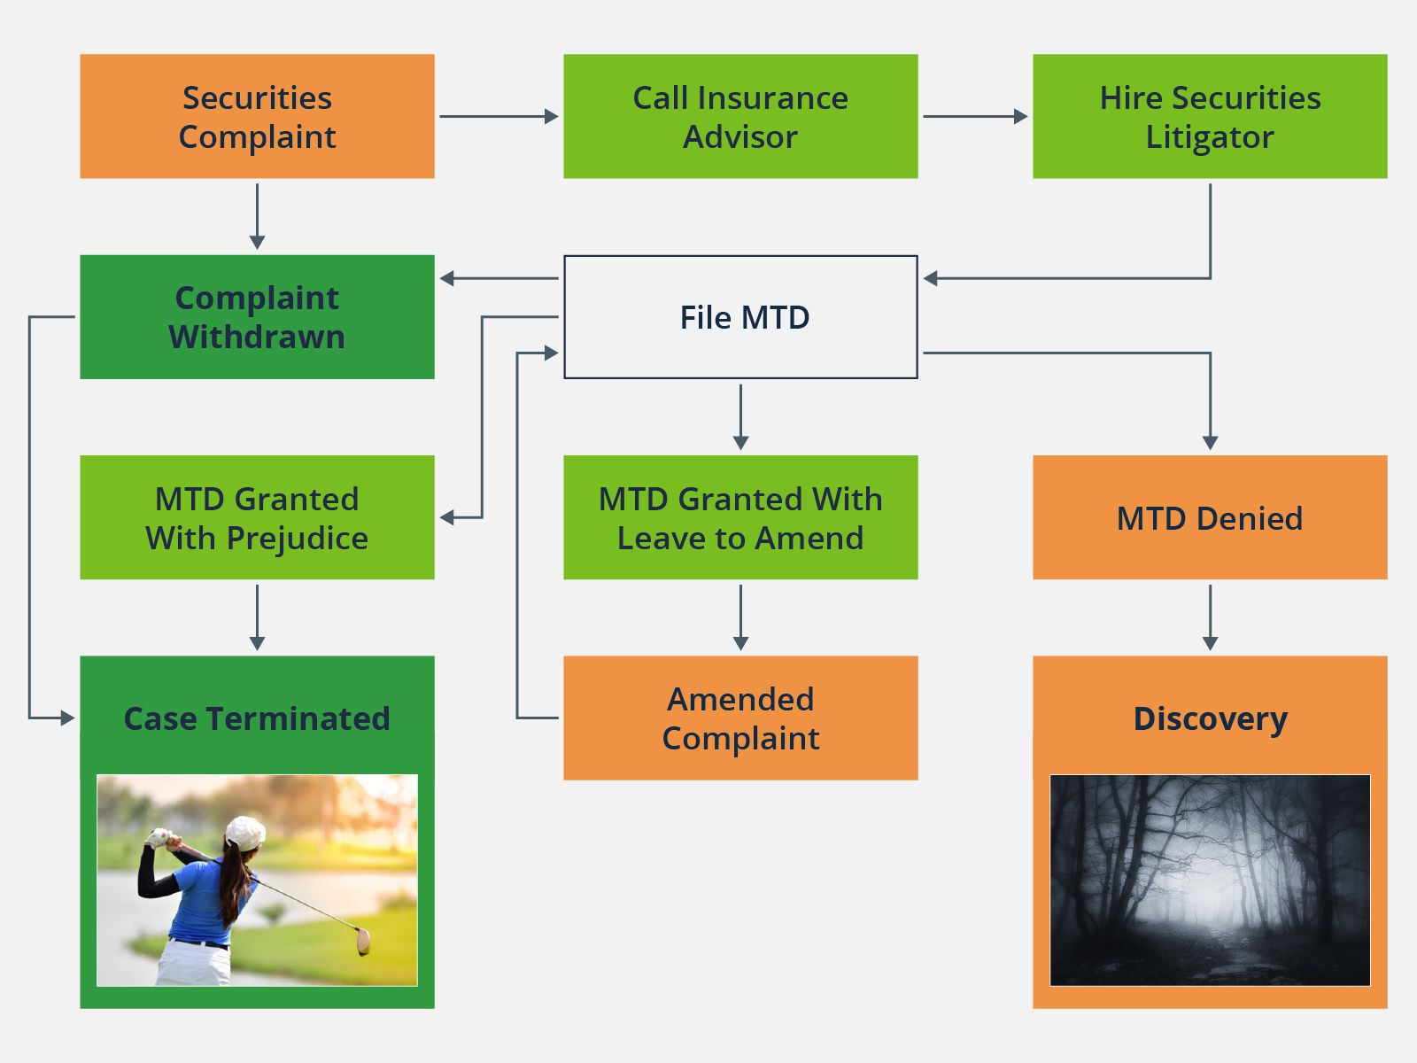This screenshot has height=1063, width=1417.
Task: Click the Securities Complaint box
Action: pos(257,116)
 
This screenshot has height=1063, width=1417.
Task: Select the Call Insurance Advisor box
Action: pos(740,116)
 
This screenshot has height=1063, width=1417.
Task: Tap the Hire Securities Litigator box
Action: pos(1210,116)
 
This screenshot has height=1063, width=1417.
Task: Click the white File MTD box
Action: pos(740,316)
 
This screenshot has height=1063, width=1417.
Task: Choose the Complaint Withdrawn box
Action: pos(257,316)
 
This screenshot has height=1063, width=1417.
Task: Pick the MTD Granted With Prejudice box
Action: pos(257,517)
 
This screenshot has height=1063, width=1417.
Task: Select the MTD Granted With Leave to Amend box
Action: pos(740,517)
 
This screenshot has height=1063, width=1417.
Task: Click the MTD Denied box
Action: pos(1210,517)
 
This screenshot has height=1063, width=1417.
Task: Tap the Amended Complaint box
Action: pos(740,718)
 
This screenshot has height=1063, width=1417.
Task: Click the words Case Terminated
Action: pos(257,718)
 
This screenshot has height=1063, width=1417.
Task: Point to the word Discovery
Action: pos(1210,718)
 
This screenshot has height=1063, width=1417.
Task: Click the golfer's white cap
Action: pos(245,833)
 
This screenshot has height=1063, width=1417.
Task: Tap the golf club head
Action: pos(363,942)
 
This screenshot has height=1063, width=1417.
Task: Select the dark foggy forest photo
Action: pos(1210,880)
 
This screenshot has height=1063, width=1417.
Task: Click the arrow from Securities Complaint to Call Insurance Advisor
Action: pos(498,116)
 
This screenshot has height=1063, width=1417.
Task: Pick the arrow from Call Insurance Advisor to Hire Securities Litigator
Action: pos(974,116)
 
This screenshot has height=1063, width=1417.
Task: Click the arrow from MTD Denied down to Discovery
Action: pos(1210,617)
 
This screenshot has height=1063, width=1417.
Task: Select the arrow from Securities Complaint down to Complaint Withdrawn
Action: pos(257,216)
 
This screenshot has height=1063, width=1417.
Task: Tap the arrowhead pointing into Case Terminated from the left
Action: pos(68,718)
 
